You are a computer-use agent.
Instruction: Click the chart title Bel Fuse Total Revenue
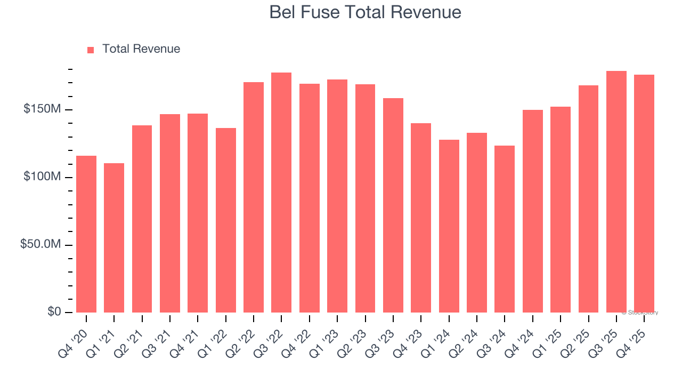click(x=365, y=12)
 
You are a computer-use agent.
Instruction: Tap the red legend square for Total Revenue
click(x=91, y=50)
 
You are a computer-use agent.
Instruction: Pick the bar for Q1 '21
click(x=114, y=237)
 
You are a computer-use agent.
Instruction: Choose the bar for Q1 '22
click(x=226, y=220)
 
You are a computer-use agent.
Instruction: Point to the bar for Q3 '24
click(x=505, y=229)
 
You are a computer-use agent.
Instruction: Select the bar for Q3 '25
click(x=616, y=191)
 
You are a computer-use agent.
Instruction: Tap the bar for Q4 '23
click(x=421, y=218)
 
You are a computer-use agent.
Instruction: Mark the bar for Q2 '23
click(x=365, y=198)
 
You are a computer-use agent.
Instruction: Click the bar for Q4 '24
click(x=533, y=211)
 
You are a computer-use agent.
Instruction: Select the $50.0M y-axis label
click(x=40, y=244)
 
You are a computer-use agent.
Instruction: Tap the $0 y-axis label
click(x=53, y=311)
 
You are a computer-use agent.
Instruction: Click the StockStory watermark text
click(x=640, y=313)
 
